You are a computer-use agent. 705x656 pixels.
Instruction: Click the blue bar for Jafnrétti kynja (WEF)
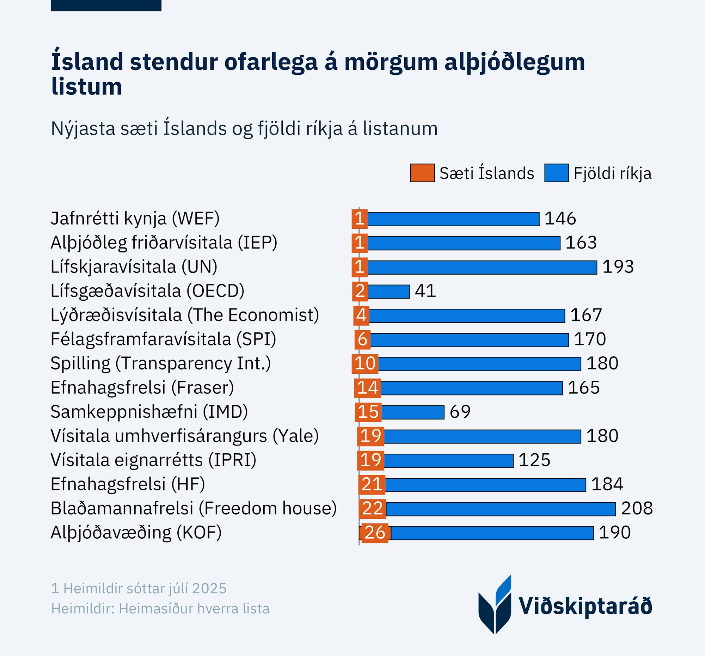[453, 219]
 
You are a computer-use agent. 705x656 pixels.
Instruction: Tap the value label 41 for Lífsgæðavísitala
[425, 291]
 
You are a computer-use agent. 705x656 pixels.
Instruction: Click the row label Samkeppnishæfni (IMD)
[149, 412]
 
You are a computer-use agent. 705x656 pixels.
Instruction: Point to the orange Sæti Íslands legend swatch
[422, 173]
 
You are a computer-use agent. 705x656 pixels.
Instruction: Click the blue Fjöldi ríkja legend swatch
[556, 173]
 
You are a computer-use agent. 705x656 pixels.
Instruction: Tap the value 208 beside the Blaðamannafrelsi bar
[637, 509]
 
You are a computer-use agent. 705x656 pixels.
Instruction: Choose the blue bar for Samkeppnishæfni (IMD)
[413, 412]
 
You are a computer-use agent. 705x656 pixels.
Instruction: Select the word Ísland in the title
[87, 62]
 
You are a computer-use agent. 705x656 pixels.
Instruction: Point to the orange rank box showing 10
[365, 363]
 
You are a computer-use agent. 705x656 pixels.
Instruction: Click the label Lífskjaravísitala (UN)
[134, 266]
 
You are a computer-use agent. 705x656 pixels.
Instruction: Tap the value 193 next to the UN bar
[618, 267]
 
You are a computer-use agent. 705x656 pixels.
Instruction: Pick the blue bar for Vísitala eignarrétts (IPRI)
[449, 460]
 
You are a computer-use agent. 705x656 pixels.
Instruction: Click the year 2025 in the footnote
[209, 588]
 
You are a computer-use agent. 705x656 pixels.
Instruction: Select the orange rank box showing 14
[367, 387]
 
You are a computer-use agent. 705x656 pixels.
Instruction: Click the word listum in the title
[86, 86]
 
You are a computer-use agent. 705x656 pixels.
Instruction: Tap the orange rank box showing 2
[360, 291]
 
